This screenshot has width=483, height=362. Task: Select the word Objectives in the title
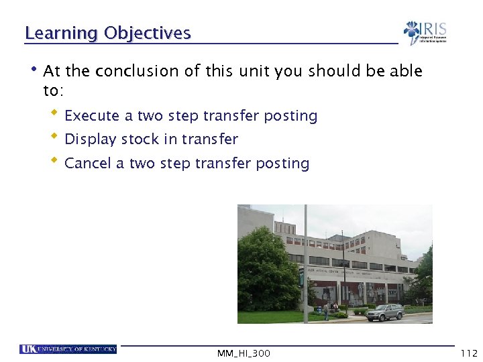148,34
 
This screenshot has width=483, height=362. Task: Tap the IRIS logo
425,33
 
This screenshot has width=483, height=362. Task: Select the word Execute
92,116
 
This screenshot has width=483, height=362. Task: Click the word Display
90,139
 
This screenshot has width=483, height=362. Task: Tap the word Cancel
88,164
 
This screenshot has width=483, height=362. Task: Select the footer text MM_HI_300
244,353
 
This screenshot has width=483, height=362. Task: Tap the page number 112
468,353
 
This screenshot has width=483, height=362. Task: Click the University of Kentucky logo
68,349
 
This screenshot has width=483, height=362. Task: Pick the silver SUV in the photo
384,312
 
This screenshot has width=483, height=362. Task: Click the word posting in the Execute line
290,116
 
